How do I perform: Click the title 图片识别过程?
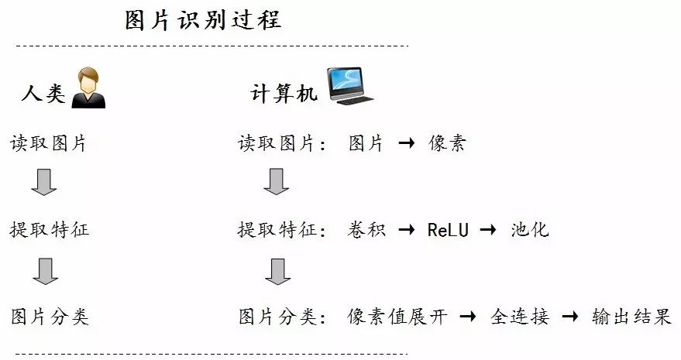[203, 19]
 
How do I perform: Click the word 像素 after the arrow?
[447, 143]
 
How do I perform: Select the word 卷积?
[365, 230]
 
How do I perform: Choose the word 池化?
[530, 230]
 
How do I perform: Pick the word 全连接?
[520, 317]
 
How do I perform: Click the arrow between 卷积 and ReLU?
[406, 231]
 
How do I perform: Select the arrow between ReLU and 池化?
[489, 231]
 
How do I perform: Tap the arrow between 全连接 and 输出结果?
[570, 317]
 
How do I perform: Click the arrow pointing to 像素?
[407, 144]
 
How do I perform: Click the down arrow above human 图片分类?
[45, 271]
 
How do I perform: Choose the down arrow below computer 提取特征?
[276, 271]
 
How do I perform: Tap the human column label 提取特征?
[50, 230]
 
